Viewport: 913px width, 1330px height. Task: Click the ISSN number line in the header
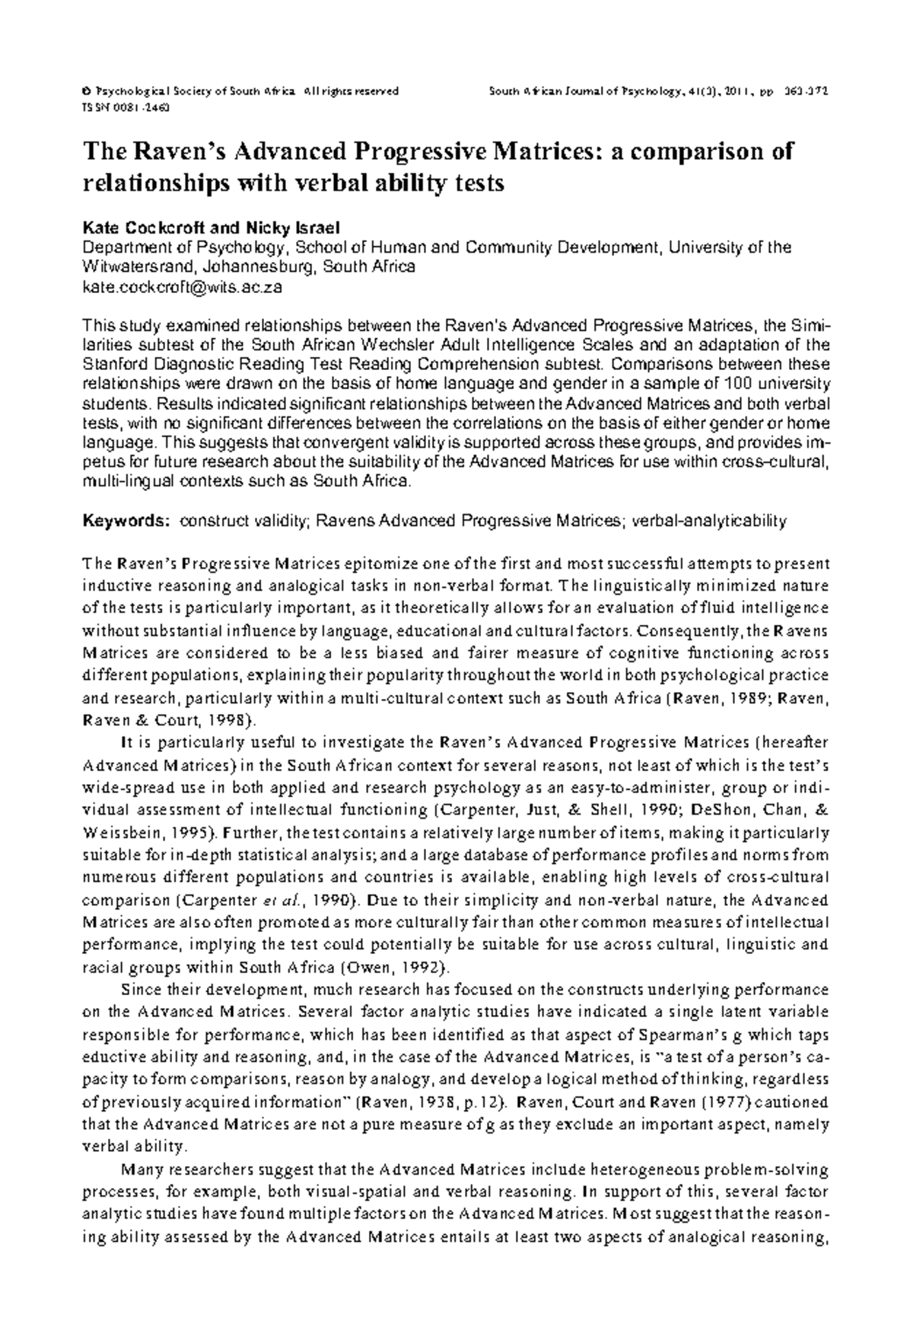click(x=126, y=107)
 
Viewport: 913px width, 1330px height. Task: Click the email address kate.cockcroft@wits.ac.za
click(x=182, y=287)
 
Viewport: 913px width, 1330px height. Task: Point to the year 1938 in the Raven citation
click(x=421, y=1102)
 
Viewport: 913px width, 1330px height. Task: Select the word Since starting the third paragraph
click(x=138, y=990)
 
